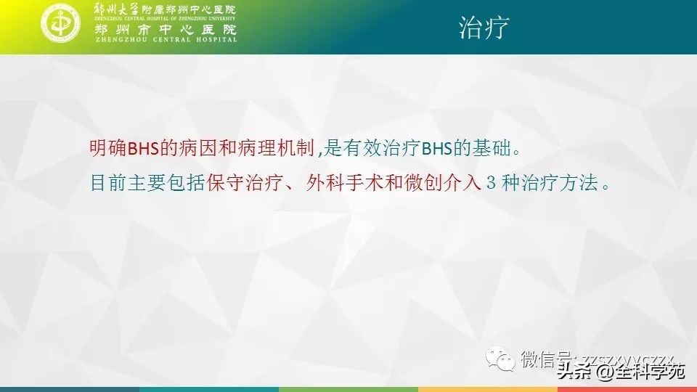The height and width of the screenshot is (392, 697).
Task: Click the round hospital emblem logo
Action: click(63, 24)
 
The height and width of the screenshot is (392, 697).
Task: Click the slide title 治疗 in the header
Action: click(482, 28)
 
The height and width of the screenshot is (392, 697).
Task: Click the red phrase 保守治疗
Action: click(240, 183)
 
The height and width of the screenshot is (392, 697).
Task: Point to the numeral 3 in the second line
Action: click(491, 183)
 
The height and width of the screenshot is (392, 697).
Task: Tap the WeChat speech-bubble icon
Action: click(502, 358)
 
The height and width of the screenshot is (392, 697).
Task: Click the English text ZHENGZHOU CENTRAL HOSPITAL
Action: click(166, 40)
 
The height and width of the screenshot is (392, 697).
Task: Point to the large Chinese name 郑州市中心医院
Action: click(166, 30)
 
